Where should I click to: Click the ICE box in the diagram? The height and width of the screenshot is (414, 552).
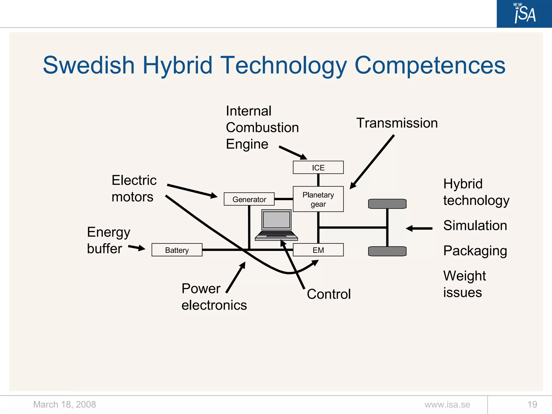click(318, 167)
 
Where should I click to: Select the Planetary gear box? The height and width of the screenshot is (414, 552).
click(318, 199)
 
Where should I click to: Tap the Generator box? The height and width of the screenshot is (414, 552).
click(249, 199)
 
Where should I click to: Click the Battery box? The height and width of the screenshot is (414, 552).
click(177, 250)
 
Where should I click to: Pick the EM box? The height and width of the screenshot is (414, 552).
click(318, 250)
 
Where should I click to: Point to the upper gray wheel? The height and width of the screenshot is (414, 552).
click(387, 204)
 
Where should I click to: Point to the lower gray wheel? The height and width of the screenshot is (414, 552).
click(387, 251)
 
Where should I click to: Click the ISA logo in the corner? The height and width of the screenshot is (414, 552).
click(524, 13)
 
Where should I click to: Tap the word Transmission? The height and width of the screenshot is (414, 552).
click(397, 123)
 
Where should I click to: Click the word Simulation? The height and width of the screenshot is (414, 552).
click(475, 225)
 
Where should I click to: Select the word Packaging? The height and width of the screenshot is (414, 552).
click(475, 251)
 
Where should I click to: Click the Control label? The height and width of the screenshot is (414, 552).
click(329, 294)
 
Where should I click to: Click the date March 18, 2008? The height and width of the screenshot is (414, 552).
click(64, 404)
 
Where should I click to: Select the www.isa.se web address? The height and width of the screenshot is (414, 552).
click(447, 404)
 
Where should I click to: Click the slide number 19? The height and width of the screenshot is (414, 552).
click(532, 404)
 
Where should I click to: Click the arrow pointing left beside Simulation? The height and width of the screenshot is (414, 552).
click(419, 228)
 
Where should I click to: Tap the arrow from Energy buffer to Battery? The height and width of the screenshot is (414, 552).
click(137, 247)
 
